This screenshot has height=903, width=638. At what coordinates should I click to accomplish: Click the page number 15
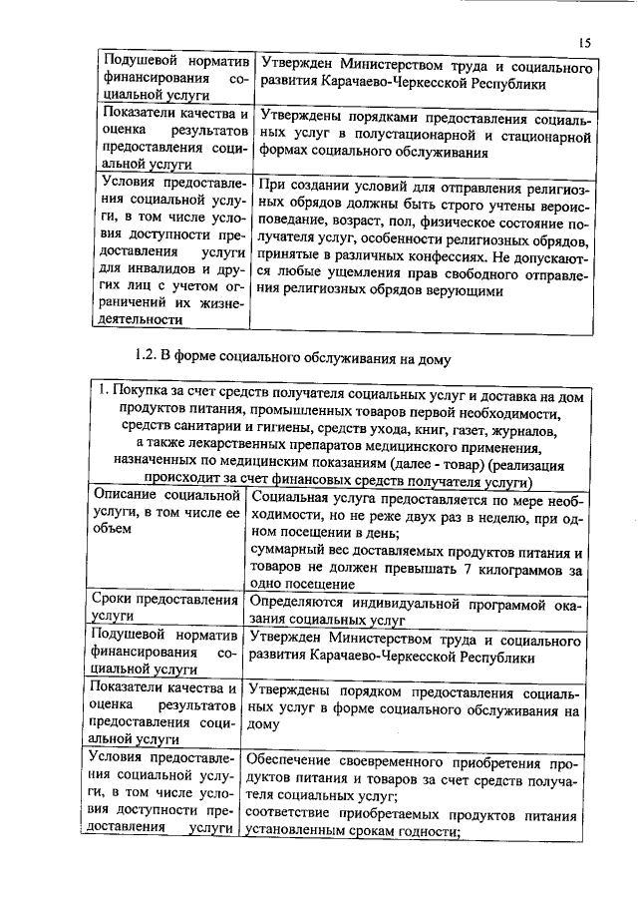coord(585,41)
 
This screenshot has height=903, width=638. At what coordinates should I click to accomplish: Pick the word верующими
coord(471,288)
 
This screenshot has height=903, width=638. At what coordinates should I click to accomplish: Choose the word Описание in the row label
coord(125,495)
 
